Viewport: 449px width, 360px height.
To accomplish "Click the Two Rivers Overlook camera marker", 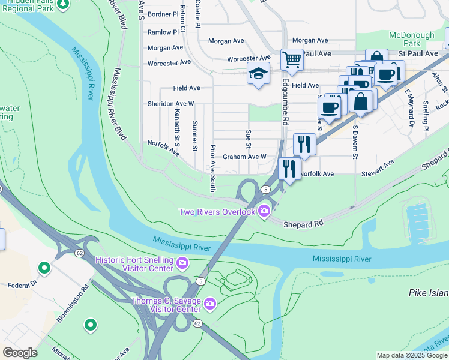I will point(264,211).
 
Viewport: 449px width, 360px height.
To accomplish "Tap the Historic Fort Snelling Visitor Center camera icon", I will point(182,262).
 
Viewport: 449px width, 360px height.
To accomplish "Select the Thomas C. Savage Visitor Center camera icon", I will point(209,304).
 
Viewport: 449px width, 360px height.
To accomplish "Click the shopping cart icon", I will point(292,59).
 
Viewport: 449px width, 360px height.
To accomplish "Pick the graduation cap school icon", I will point(258,74).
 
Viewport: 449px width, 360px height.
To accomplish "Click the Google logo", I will point(20,353).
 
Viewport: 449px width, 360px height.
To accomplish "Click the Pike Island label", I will point(428,293).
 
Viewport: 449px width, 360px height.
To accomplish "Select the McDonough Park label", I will point(412,39).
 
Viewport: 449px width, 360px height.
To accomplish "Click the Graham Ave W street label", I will point(244,157).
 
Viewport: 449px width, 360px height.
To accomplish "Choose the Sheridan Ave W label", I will point(171,104).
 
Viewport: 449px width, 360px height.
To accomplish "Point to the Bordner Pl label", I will point(163,14).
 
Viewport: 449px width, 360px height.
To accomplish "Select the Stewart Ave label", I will point(378,169).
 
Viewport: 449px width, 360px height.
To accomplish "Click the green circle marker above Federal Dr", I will point(44,267).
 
